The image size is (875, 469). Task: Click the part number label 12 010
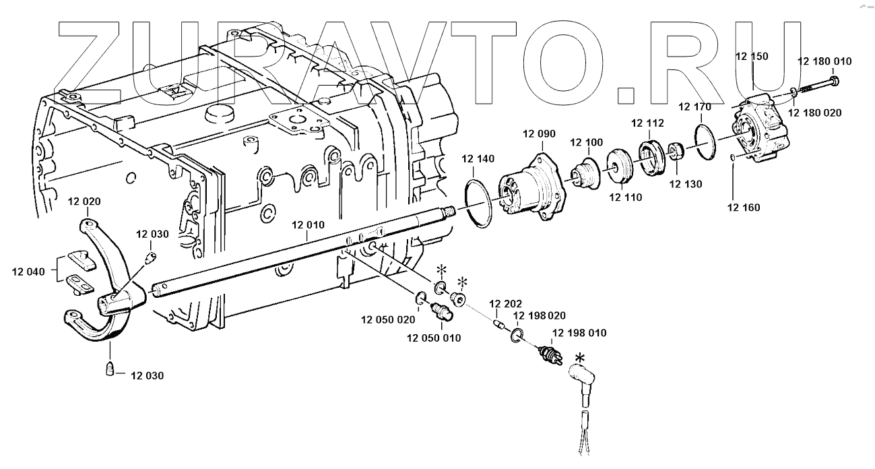point(309,224)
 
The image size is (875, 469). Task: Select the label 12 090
point(539,133)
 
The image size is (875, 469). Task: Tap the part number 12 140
point(478,159)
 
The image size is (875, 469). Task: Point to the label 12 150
point(751,56)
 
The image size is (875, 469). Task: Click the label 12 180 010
point(824,61)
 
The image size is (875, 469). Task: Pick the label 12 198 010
point(579,333)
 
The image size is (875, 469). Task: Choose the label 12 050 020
point(388,319)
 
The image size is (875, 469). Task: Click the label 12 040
point(28,272)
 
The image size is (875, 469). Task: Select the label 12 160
point(743,208)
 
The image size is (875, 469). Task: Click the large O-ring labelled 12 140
point(479,200)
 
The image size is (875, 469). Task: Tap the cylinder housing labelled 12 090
point(532,187)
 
